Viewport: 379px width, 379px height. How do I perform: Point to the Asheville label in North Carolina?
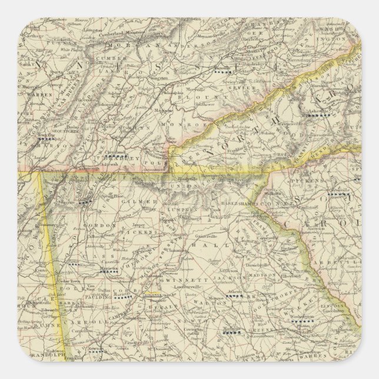pos(320,111)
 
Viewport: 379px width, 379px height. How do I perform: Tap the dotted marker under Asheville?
pos(321,116)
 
